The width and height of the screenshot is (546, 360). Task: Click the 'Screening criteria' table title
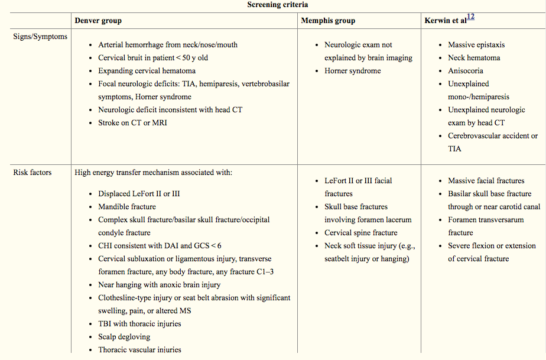273,5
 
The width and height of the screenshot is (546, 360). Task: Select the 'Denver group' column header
98,21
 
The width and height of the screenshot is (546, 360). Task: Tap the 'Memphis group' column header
328,21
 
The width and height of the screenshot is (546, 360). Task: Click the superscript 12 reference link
471,17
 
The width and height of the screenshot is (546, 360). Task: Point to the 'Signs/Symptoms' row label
40,37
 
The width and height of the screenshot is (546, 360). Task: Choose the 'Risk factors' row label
32,173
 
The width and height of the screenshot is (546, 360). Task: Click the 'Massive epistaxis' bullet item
476,45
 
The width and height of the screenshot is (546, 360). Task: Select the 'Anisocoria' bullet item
466,71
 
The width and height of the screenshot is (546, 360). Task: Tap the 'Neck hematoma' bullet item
474,58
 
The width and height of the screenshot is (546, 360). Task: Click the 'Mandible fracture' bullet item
127,207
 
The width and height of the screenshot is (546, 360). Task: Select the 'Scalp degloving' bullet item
124,337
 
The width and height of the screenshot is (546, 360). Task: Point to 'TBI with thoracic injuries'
139,324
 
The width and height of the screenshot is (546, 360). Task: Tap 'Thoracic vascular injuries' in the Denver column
139,350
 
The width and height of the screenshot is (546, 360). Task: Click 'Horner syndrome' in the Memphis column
353,71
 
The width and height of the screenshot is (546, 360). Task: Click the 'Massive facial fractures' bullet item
486,181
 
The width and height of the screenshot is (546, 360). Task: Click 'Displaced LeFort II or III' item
139,194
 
